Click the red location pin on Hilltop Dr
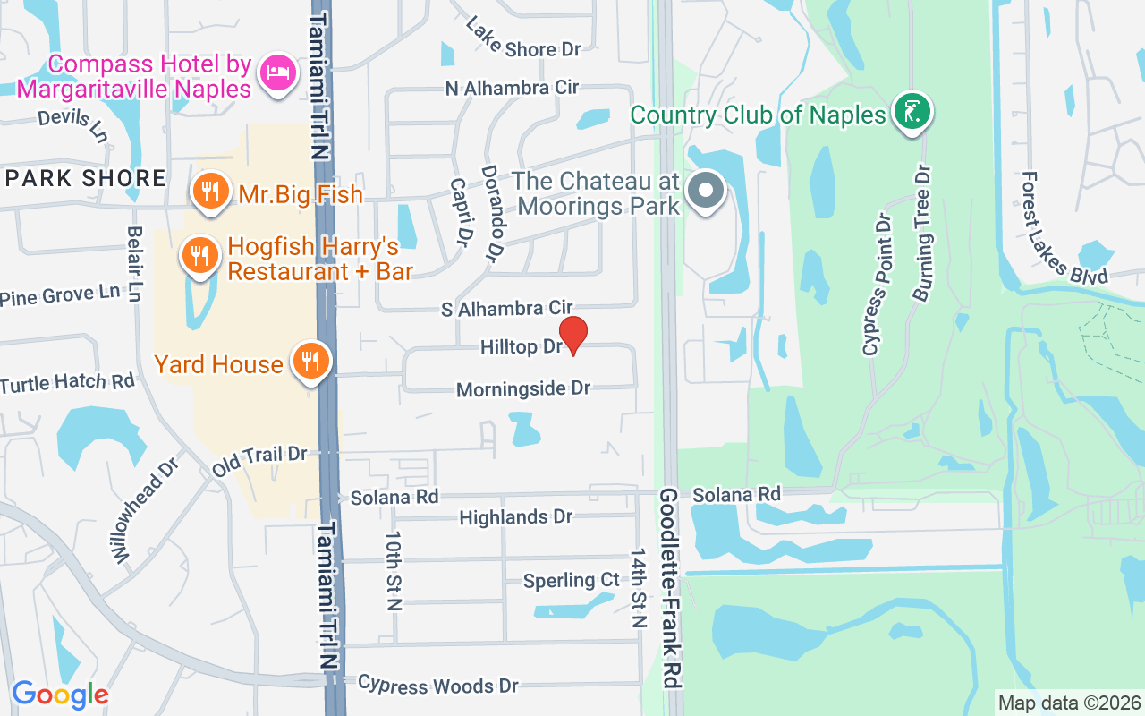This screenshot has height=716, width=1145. click(x=572, y=335)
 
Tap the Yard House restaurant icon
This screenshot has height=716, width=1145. click(x=310, y=362)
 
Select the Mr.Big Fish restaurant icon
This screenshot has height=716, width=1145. click(x=209, y=191)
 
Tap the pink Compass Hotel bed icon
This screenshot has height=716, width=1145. click(x=276, y=72)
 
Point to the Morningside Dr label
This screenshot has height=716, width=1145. click(x=523, y=389)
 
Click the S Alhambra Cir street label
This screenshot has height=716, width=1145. click(x=506, y=310)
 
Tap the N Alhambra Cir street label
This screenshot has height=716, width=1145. click(x=513, y=88)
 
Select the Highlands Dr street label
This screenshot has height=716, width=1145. click(x=515, y=517)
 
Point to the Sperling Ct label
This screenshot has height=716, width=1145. click(x=571, y=581)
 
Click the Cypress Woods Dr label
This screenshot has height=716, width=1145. click(x=438, y=686)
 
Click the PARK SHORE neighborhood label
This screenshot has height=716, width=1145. click(x=86, y=178)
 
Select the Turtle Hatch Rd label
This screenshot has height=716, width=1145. click(x=67, y=383)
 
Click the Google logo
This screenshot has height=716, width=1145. click(x=60, y=695)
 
